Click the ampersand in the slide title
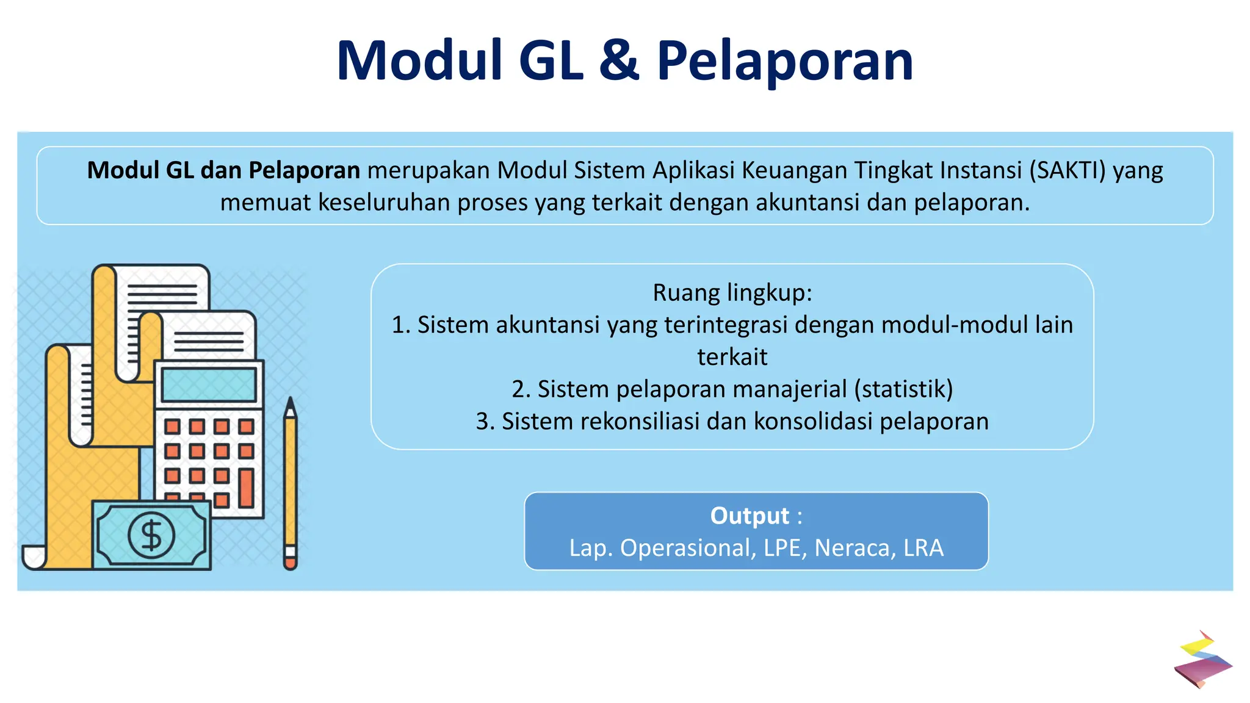[x=619, y=61]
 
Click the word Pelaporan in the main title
[x=784, y=61]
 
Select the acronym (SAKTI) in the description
[x=1068, y=170]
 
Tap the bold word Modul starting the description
[x=123, y=170]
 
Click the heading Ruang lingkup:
[x=732, y=293]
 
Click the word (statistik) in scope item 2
[x=903, y=389]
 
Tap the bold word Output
[x=750, y=516]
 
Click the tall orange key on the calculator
[x=246, y=488]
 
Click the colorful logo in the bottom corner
[x=1202, y=660]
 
